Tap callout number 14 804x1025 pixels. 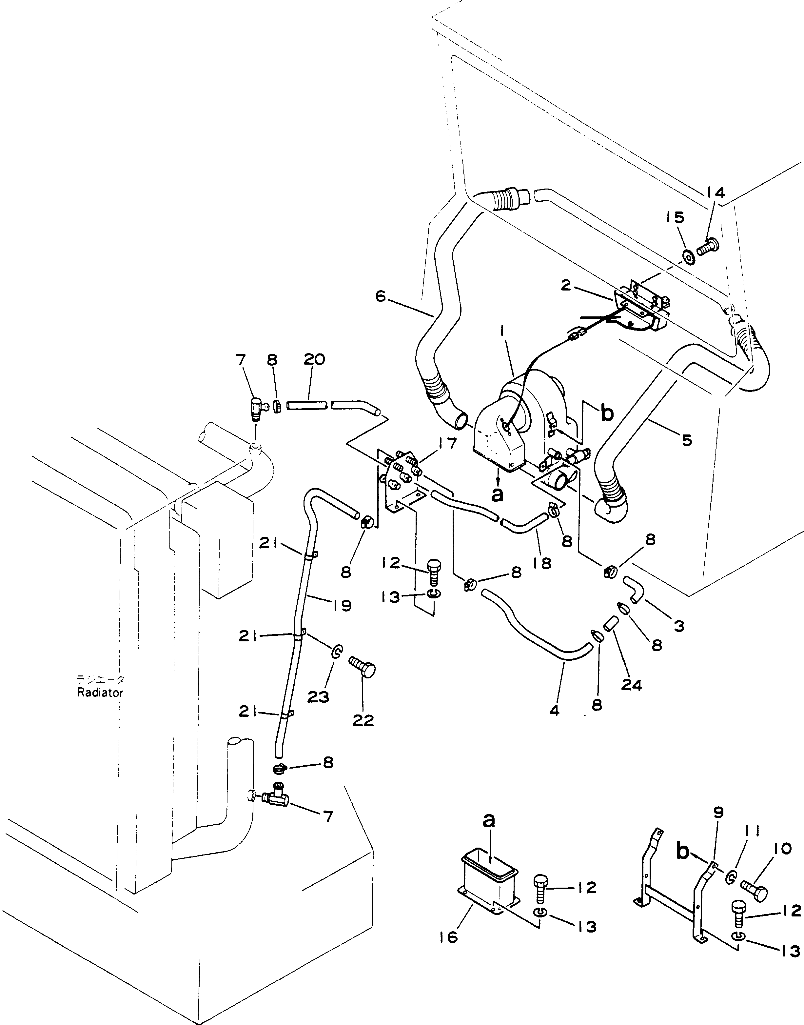pyautogui.click(x=715, y=192)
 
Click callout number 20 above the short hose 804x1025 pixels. pyautogui.click(x=314, y=359)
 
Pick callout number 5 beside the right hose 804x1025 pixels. pyautogui.click(x=686, y=440)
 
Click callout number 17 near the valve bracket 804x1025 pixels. pyautogui.click(x=446, y=444)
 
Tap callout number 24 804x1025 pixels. pyautogui.click(x=631, y=685)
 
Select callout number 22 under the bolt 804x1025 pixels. pyautogui.click(x=363, y=720)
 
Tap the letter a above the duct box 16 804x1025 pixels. pyautogui.click(x=489, y=820)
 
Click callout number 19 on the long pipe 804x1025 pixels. pyautogui.click(x=342, y=605)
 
